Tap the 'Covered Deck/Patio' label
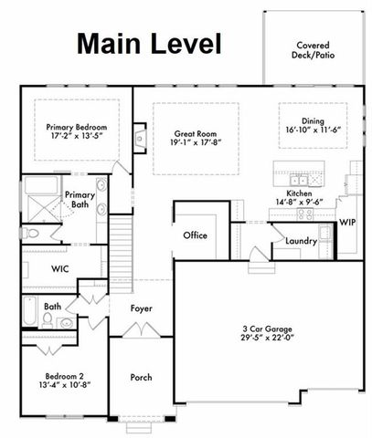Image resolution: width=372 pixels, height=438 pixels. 314,50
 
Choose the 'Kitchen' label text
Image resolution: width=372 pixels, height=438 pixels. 301,194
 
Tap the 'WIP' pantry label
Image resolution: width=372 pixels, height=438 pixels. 346,221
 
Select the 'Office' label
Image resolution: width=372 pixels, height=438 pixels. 195,235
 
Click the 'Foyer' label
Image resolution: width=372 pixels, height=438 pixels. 141,308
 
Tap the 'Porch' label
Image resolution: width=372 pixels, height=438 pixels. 141,377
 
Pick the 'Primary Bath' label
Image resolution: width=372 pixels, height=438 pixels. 80,200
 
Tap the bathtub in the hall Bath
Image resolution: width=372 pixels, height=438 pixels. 30,312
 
